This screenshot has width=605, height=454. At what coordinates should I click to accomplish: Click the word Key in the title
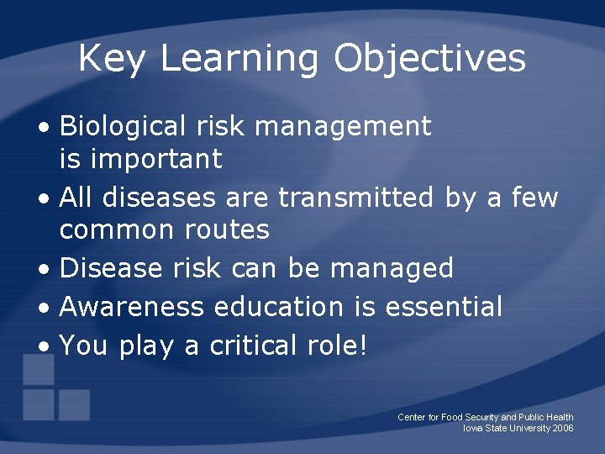click(111, 59)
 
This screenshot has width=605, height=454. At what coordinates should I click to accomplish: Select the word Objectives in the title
click(429, 59)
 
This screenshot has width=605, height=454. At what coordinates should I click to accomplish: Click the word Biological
click(123, 127)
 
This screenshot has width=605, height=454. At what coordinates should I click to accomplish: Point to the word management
click(343, 127)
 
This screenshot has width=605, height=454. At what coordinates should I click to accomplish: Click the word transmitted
click(356, 198)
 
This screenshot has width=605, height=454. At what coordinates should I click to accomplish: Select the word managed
click(392, 268)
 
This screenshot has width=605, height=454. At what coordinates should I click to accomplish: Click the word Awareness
click(132, 307)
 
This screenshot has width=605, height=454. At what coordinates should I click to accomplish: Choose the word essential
click(443, 307)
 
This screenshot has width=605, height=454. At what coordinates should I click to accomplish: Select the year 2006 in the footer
click(563, 429)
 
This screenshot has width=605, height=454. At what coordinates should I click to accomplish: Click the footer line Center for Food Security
click(485, 417)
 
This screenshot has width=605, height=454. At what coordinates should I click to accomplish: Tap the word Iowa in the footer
click(474, 429)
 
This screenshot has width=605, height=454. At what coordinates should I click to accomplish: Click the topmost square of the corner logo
click(38, 369)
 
